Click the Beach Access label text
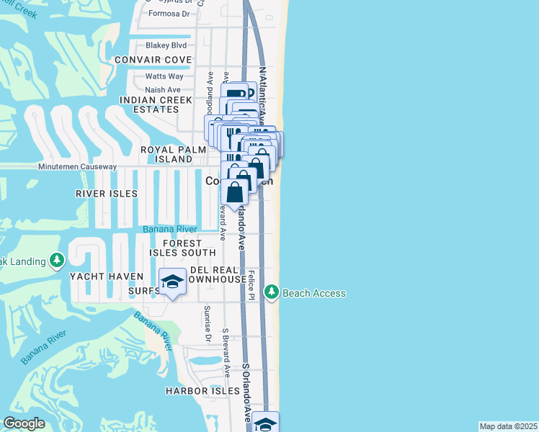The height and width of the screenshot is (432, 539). (313, 293)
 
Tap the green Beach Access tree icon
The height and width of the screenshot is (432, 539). (272, 292)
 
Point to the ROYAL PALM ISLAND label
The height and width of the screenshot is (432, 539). (166, 153)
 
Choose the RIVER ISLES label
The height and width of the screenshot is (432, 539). (105, 194)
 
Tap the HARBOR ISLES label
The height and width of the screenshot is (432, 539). (202, 391)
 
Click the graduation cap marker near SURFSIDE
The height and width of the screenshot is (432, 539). (171, 282)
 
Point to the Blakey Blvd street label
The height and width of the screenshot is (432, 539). (166, 45)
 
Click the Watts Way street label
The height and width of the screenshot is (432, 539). (164, 76)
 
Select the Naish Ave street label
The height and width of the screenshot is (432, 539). (163, 90)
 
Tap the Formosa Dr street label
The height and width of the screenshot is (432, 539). (169, 14)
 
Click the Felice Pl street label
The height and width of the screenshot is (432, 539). (251, 286)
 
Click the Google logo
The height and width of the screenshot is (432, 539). (24, 423)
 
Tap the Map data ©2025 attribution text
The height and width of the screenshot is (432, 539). (508, 426)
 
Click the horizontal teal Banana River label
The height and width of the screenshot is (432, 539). (171, 229)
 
